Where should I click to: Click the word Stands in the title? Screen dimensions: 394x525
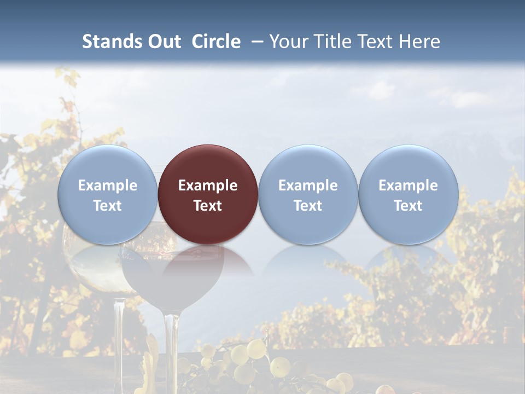(x=112, y=42)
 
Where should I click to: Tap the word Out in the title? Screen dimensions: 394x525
(x=164, y=42)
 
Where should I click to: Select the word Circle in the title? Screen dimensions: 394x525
(x=216, y=42)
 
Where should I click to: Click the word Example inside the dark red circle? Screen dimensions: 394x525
(x=208, y=186)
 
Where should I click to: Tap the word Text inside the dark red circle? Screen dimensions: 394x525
(x=208, y=206)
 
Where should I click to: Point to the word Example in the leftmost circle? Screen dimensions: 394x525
(x=107, y=186)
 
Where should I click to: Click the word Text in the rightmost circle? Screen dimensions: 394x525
(x=408, y=206)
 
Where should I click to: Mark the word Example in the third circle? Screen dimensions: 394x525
(x=308, y=186)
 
